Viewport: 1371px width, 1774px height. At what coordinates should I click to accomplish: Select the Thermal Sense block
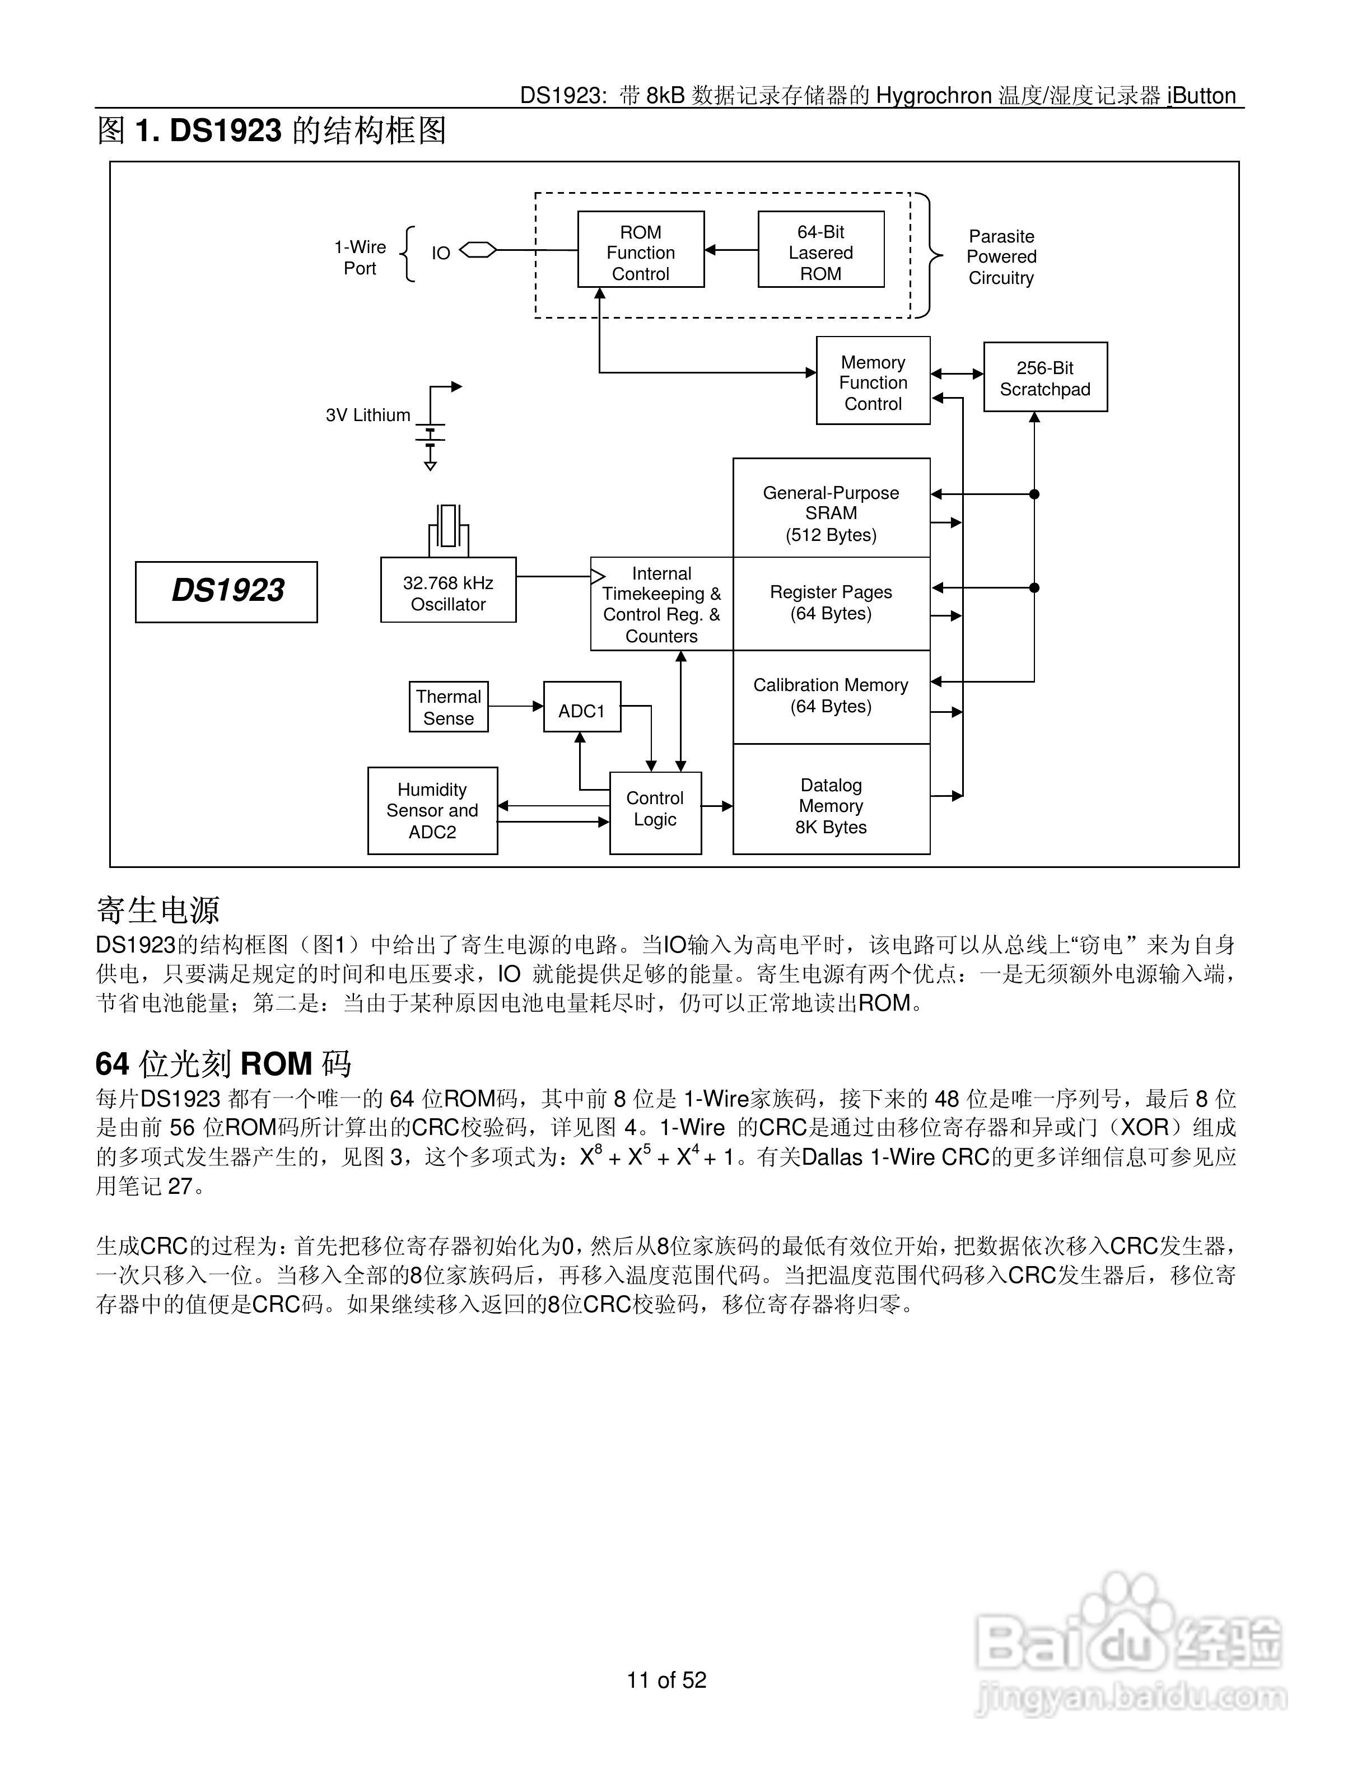tap(449, 707)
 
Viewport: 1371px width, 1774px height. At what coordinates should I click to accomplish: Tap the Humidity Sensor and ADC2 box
tap(432, 811)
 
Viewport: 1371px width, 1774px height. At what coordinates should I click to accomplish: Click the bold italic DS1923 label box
tap(227, 591)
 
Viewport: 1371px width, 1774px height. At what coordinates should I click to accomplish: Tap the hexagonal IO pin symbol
tap(478, 250)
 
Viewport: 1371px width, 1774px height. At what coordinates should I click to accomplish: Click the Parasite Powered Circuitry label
tap(1001, 256)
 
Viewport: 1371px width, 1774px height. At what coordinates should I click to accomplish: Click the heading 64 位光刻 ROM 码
tap(223, 1063)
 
